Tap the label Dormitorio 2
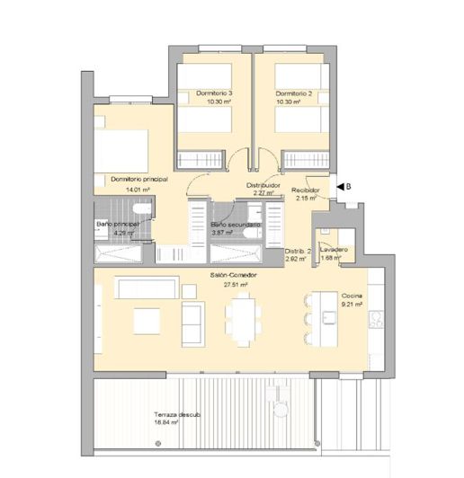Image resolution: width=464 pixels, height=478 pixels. coord(293,94)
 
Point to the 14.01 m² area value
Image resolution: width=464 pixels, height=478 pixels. coord(138,190)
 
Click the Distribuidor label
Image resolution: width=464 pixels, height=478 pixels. coord(263,185)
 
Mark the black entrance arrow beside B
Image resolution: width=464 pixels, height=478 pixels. coord(339,186)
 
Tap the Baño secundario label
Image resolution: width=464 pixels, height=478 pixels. coord(236,225)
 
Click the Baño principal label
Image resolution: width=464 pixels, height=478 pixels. coord(118,225)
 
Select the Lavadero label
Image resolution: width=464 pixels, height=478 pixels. coord(333,249)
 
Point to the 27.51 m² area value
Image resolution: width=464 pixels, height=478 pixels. coord(236,285)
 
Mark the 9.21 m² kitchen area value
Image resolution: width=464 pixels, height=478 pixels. coord(352,305)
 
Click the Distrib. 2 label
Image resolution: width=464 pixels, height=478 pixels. coord(298,251)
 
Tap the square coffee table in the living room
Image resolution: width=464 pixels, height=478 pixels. coord(147,321)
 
